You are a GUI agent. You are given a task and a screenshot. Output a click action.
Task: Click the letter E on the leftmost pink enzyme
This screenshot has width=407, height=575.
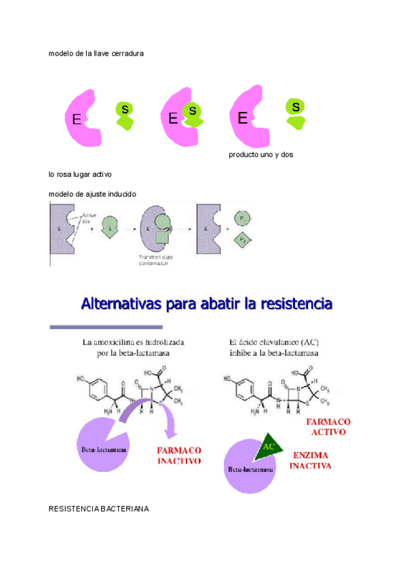click(x=77, y=120)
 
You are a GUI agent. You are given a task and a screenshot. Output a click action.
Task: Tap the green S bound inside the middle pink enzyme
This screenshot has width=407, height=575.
click(x=193, y=111)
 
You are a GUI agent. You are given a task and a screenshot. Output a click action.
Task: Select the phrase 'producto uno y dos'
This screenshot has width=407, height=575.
click(x=260, y=155)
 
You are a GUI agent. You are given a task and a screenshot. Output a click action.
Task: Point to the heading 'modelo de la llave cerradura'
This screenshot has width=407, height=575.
click(x=96, y=54)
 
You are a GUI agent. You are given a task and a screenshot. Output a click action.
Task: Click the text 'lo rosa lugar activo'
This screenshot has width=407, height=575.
click(x=80, y=174)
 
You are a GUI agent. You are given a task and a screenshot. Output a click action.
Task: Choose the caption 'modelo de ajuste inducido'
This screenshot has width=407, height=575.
click(x=92, y=194)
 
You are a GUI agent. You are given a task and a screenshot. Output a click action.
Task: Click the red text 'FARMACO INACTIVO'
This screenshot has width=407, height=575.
click(x=179, y=454)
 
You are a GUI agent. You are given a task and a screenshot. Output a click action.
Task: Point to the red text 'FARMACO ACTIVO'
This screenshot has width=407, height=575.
click(x=329, y=426)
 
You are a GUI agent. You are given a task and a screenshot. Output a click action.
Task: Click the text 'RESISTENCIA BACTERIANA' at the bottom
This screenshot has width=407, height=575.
click(x=99, y=509)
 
